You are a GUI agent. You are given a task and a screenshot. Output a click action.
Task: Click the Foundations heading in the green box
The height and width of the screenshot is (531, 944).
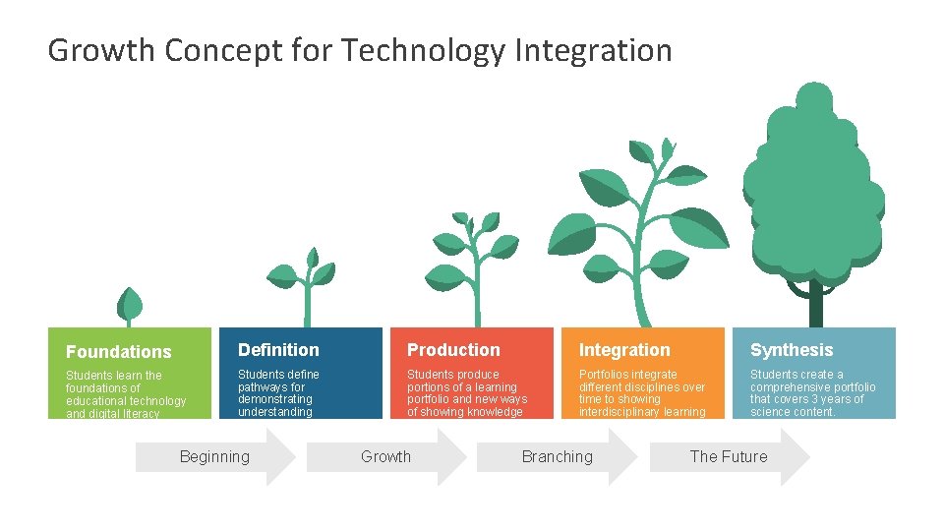(x=118, y=352)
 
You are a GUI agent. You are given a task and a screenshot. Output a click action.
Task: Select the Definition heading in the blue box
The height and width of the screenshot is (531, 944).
(x=278, y=350)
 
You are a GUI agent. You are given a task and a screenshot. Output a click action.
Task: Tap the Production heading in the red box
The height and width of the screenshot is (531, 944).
(x=453, y=350)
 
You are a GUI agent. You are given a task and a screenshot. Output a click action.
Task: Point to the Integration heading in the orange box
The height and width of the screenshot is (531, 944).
(x=624, y=350)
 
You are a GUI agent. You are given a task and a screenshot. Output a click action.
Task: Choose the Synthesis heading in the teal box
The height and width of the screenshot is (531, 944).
(x=792, y=350)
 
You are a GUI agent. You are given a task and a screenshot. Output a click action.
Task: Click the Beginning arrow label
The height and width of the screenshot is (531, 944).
(x=214, y=456)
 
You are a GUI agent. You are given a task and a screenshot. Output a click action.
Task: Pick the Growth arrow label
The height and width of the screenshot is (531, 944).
(x=385, y=456)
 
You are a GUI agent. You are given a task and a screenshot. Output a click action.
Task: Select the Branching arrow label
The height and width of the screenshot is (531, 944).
(x=557, y=456)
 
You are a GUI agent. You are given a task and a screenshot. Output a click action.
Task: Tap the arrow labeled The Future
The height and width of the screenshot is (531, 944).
(x=729, y=456)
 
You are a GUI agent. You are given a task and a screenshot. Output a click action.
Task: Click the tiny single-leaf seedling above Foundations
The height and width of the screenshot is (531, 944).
(x=129, y=307)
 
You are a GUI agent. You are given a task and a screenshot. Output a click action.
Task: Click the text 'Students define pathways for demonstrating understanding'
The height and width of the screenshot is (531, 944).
(x=278, y=393)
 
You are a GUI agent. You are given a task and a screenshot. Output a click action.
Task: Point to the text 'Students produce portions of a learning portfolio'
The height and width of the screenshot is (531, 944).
(x=467, y=393)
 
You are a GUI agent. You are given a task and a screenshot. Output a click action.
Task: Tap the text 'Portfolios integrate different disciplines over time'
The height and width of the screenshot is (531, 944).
(x=642, y=393)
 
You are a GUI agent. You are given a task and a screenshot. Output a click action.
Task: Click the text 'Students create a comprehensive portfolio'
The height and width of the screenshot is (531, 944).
(x=812, y=393)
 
